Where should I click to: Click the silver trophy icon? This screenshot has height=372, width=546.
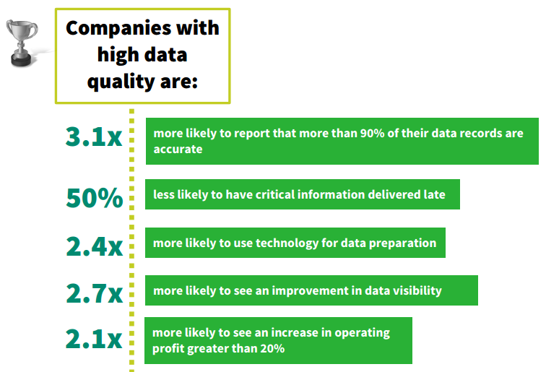[x=22, y=43]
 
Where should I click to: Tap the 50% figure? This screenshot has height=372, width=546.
[x=94, y=197]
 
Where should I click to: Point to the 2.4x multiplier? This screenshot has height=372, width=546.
[x=94, y=246]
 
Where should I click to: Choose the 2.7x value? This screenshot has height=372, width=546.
[x=94, y=293]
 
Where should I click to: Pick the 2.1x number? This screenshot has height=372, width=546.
[x=94, y=339]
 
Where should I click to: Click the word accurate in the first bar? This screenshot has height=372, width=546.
[x=178, y=150]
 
